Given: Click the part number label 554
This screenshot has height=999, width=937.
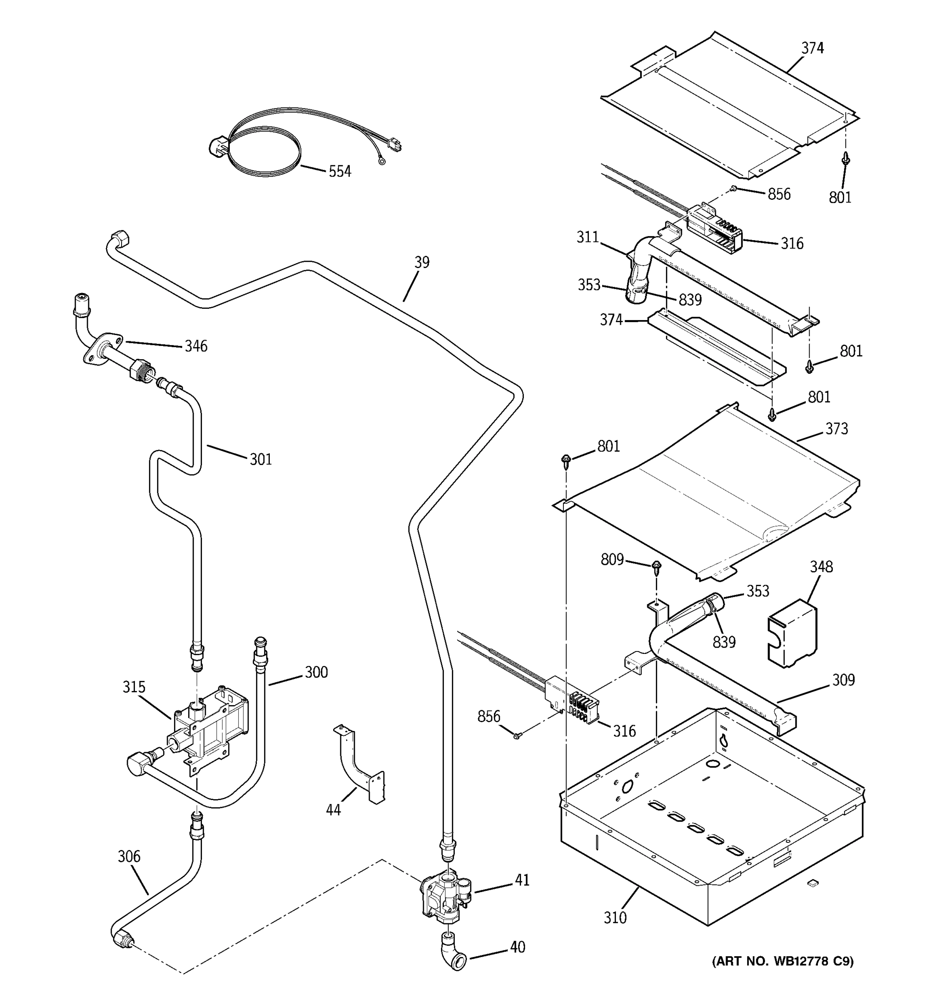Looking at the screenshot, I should click(340, 172).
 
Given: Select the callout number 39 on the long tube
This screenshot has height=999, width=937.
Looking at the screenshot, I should click(422, 262).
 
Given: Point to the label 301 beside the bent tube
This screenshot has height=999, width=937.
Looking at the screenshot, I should click(261, 459).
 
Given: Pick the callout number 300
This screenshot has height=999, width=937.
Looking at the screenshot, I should click(316, 672).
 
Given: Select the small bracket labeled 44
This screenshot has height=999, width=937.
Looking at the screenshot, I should click(359, 766).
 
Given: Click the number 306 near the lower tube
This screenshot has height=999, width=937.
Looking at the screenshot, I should click(129, 856).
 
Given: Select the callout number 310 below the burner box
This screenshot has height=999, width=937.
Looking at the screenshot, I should click(615, 917).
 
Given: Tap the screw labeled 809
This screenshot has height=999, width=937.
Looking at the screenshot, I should click(656, 567).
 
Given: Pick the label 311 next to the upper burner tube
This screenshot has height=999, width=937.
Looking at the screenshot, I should click(587, 237).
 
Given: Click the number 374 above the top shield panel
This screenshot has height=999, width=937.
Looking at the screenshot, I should click(812, 48).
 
